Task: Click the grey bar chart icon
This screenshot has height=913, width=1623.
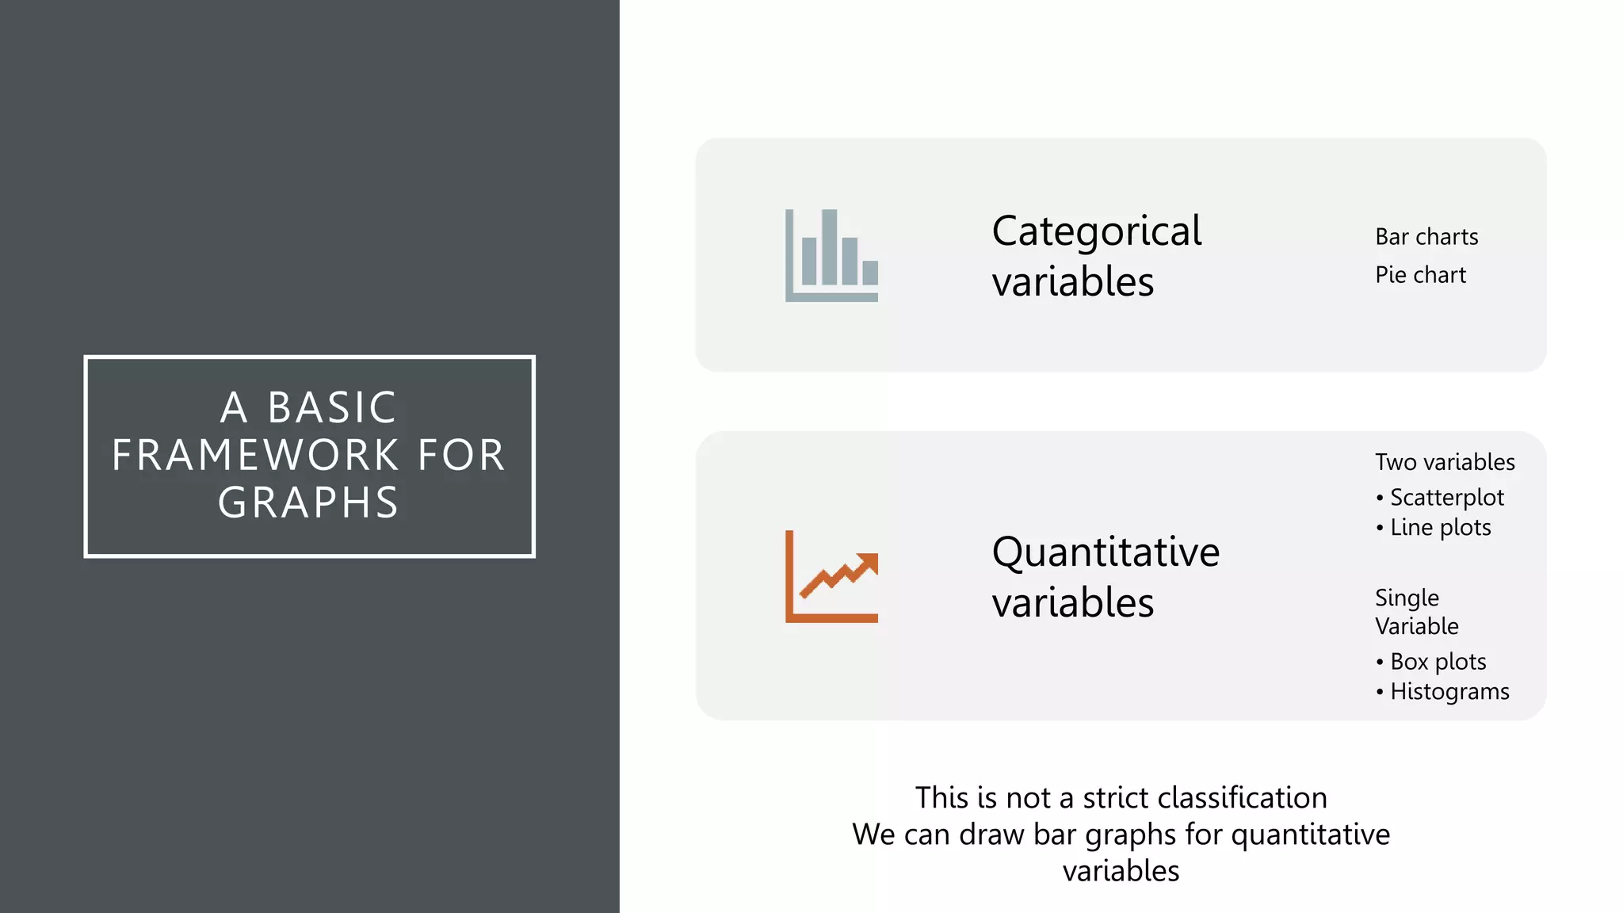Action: pos(831,255)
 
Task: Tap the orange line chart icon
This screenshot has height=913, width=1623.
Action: pos(831,576)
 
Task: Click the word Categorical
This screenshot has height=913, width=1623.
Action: pos(1097,232)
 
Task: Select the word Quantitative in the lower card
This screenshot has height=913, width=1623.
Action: pos(1106,552)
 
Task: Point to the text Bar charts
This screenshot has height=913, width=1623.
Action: pos(1426,237)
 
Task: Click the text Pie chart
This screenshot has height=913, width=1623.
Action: pos(1420,275)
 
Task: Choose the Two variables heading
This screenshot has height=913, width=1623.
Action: pos(1445,462)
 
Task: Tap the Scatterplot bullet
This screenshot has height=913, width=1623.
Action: pos(1446,498)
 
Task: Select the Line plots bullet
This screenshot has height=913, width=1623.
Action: pos(1440,528)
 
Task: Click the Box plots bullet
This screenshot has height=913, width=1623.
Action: pos(1438,662)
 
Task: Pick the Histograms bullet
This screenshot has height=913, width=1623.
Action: pos(1449,692)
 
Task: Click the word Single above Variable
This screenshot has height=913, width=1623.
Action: pos(1407,598)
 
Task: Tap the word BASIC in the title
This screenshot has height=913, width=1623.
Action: pos(332,408)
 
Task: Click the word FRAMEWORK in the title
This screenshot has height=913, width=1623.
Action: pos(255,456)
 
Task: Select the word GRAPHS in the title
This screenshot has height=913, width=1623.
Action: pos(308,503)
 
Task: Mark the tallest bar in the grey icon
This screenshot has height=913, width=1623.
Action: pos(829,246)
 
